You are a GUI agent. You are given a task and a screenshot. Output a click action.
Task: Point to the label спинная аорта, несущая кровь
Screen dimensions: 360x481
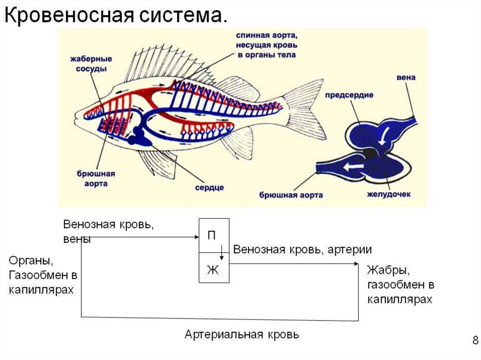(266, 45)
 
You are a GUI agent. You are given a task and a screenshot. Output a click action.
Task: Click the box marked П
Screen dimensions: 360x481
(214, 236)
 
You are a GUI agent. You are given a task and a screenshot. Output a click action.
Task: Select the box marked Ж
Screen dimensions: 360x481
(214, 269)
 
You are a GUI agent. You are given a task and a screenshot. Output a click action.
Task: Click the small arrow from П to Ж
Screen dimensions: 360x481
(222, 253)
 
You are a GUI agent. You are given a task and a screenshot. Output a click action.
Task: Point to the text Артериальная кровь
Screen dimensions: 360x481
(241, 335)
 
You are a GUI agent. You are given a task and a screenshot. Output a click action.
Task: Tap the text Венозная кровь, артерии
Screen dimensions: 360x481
(303, 249)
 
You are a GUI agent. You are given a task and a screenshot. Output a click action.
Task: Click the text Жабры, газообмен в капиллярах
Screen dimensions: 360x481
(400, 285)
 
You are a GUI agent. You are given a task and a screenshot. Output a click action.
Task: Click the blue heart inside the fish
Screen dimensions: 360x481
(139, 137)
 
